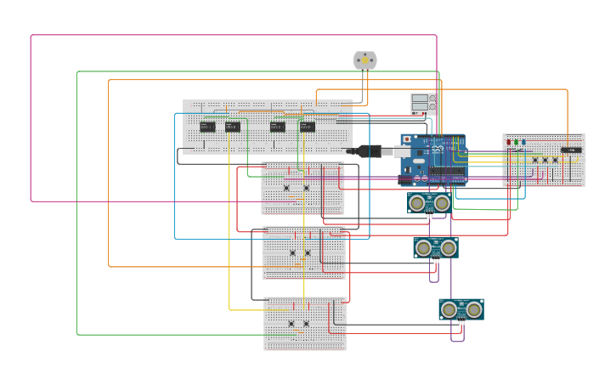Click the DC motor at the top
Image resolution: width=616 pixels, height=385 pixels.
[365, 60]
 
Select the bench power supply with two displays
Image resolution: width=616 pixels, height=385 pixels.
[423, 104]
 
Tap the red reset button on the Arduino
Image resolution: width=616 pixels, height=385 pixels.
[407, 139]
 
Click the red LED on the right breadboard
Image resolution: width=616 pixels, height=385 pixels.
[509, 143]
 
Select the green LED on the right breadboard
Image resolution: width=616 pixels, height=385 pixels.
[516, 143]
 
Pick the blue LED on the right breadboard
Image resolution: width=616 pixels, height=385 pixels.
[523, 143]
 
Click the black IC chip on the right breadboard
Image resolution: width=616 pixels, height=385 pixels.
[571, 150]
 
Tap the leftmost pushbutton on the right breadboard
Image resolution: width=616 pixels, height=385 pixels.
[535, 159]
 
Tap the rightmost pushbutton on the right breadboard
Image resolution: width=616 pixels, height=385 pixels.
[556, 159]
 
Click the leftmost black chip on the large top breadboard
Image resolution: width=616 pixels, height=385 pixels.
[207, 127]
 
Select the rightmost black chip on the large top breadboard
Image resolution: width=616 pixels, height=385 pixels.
[307, 127]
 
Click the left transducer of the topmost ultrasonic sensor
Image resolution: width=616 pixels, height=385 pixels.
[418, 202]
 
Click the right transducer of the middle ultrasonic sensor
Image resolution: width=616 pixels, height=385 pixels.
[448, 247]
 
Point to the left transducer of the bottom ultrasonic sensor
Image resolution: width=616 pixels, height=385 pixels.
[449, 309]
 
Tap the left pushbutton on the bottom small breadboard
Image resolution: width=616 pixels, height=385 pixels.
[291, 323]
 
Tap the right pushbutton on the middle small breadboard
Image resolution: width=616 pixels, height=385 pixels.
[308, 252]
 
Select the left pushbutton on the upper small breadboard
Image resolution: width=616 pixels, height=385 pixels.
[286, 188]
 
